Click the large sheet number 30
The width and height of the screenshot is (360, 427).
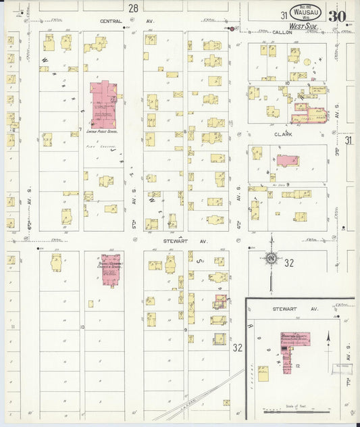[x=337, y=15]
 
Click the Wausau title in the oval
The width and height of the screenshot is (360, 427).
[x=305, y=11]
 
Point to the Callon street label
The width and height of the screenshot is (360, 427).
[x=282, y=32]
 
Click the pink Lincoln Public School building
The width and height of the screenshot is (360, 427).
[x=103, y=104]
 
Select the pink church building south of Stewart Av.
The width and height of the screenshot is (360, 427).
[x=111, y=268]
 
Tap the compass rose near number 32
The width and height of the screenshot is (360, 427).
[x=270, y=257]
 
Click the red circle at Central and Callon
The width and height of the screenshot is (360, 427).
[x=232, y=28]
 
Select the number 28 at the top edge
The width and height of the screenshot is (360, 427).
[x=133, y=8]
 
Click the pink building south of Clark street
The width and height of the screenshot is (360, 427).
[x=288, y=161]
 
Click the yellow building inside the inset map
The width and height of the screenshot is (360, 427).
[x=263, y=371]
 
